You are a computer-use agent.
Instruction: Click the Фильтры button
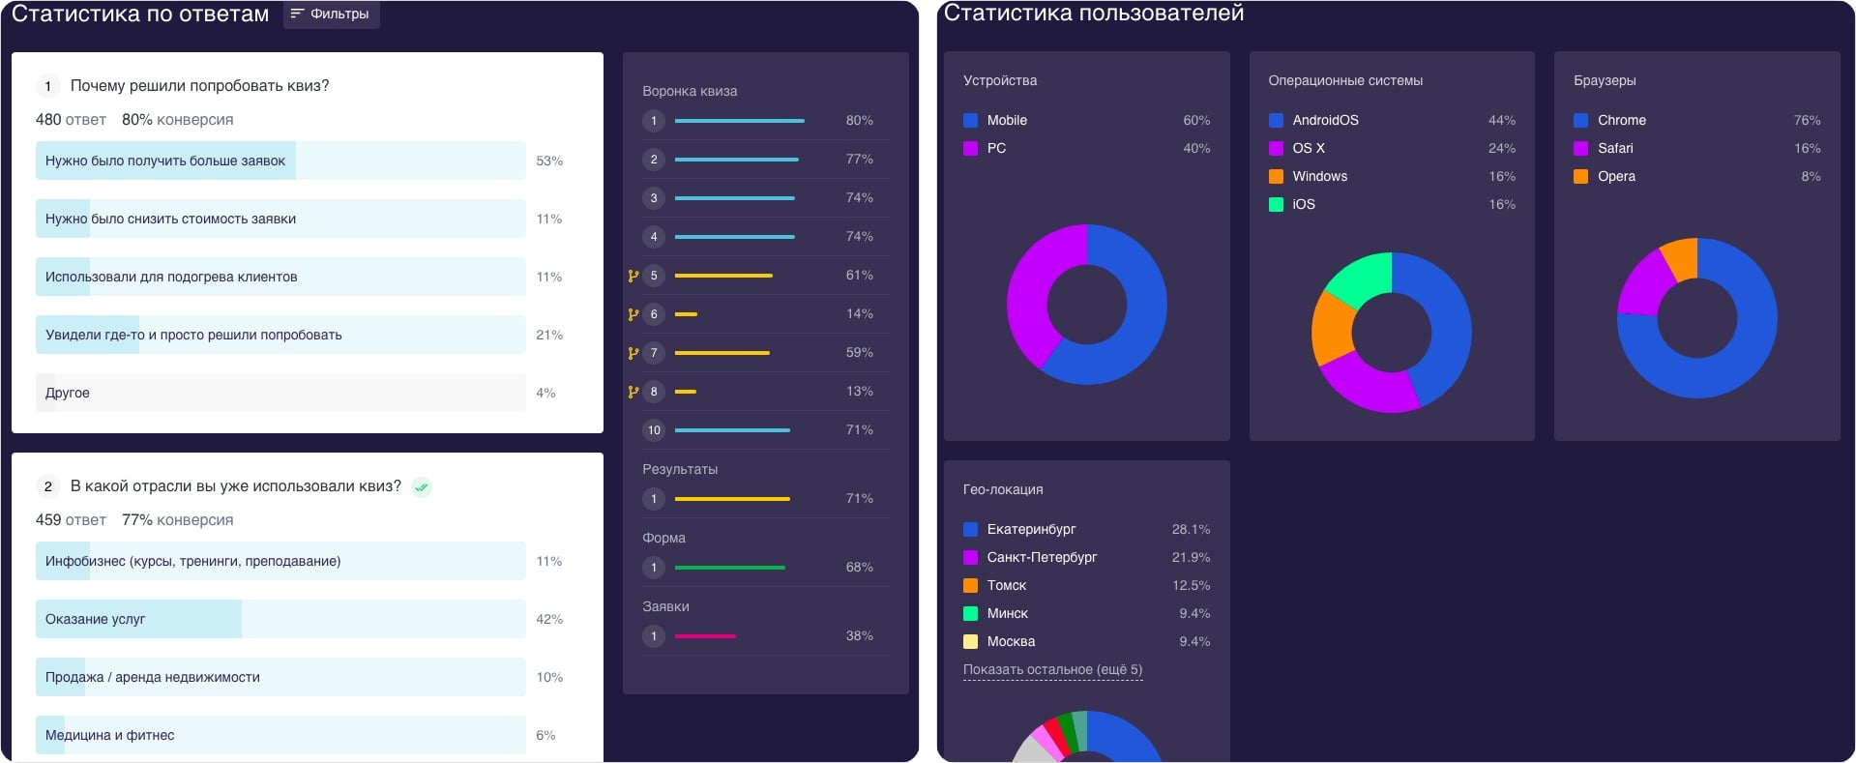pyautogui.click(x=331, y=15)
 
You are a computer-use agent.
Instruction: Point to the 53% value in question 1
pyautogui.click(x=549, y=161)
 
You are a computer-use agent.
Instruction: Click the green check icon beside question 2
pyautogui.click(x=422, y=487)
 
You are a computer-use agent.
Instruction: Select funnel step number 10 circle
pyautogui.click(x=654, y=430)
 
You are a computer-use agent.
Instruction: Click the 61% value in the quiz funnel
pyautogui.click(x=859, y=276)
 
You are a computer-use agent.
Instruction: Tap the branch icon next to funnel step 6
pyautogui.click(x=633, y=314)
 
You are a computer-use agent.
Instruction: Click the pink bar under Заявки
pyautogui.click(x=705, y=636)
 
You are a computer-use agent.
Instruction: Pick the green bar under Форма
pyautogui.click(x=729, y=568)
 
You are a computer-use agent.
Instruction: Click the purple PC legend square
pyautogui.click(x=970, y=148)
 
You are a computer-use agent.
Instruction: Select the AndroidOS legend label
pyautogui.click(x=1325, y=120)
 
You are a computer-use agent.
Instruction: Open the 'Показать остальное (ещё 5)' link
pyautogui.click(x=1052, y=669)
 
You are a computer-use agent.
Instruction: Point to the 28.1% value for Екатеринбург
pyautogui.click(x=1191, y=529)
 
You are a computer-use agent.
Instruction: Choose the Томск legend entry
pyautogui.click(x=1006, y=585)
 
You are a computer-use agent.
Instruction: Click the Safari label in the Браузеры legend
pyautogui.click(x=1615, y=148)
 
